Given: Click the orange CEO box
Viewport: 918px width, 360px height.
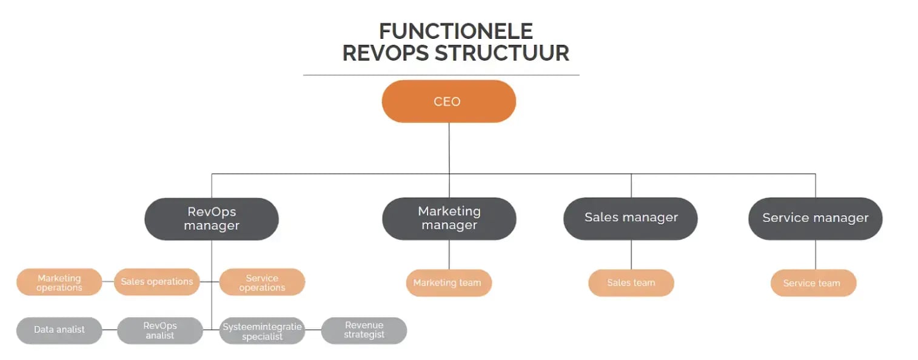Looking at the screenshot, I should click(x=448, y=101).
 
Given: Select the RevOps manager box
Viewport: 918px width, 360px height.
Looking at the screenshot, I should click(x=211, y=219).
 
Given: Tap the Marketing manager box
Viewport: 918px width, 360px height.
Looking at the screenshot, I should click(x=449, y=218).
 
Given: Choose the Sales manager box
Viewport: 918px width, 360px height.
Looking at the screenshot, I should click(x=631, y=218).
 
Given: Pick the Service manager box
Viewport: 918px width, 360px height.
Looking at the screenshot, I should click(x=815, y=218).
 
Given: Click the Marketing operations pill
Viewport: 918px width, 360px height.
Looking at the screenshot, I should click(x=59, y=282).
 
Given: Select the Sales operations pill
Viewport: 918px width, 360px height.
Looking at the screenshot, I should click(x=156, y=282).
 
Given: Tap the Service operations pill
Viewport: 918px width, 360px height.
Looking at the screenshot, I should click(x=262, y=282).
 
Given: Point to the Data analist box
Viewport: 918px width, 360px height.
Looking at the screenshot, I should click(x=59, y=330).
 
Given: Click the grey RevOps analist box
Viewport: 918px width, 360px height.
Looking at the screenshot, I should click(x=159, y=330).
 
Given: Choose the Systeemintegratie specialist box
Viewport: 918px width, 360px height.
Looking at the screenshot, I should click(x=262, y=331).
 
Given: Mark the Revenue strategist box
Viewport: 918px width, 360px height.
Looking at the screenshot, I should click(x=364, y=330).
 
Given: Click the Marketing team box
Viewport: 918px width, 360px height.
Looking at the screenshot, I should click(x=448, y=283).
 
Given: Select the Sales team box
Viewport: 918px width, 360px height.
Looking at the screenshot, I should click(x=631, y=283).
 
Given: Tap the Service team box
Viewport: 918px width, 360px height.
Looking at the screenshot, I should click(x=812, y=283).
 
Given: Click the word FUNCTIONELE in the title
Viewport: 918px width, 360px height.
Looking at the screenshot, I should click(x=455, y=31).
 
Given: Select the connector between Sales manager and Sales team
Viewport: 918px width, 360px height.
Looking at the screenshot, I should click(x=631, y=255).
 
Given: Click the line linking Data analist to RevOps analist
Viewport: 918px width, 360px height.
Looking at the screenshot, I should click(x=109, y=330).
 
